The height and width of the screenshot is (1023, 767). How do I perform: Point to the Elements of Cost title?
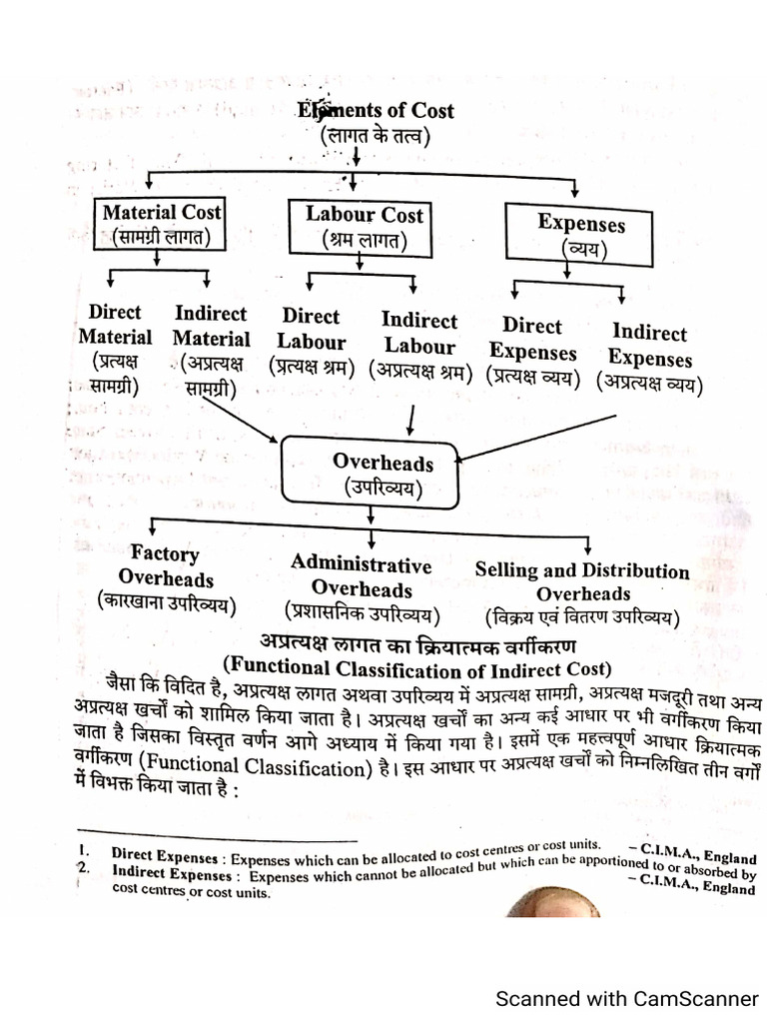375,112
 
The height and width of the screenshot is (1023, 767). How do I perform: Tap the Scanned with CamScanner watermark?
628,998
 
